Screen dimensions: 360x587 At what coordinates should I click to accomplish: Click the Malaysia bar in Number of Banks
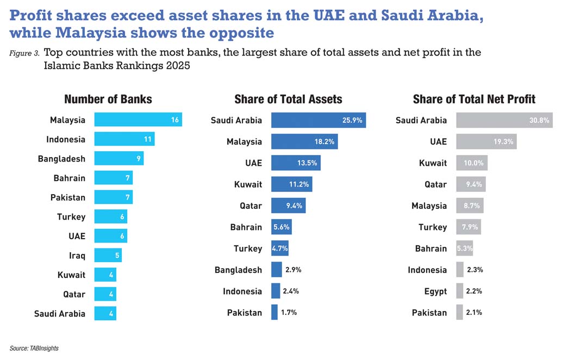pyautogui.click(x=138, y=120)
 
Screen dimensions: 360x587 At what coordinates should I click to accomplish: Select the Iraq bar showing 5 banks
pyautogui.click(x=108, y=255)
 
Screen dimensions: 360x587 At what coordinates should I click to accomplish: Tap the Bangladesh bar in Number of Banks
pyautogui.click(x=118, y=158)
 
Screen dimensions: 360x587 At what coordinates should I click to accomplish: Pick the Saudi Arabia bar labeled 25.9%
pyautogui.click(x=318, y=120)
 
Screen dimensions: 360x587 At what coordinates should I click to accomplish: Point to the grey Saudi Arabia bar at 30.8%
pyautogui.click(x=504, y=120)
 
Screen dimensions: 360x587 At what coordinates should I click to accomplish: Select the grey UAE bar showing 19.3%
pyautogui.click(x=486, y=141)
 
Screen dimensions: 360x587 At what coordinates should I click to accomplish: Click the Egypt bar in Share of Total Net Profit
pyautogui.click(x=460, y=291)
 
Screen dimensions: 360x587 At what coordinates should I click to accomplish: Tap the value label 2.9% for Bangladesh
pyautogui.click(x=293, y=270)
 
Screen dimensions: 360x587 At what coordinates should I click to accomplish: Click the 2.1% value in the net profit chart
pyautogui.click(x=474, y=313)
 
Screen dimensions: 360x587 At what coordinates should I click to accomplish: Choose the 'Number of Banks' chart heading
pyautogui.click(x=108, y=99)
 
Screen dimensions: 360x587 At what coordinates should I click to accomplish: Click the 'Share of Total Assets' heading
pyautogui.click(x=288, y=99)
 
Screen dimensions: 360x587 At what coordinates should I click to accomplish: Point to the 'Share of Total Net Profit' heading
pyautogui.click(x=474, y=99)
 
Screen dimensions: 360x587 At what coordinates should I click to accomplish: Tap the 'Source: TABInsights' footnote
pyautogui.click(x=34, y=348)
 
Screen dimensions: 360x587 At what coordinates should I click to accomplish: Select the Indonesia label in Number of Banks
pyautogui.click(x=66, y=139)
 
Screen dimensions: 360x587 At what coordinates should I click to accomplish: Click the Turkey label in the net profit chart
pyautogui.click(x=433, y=227)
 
